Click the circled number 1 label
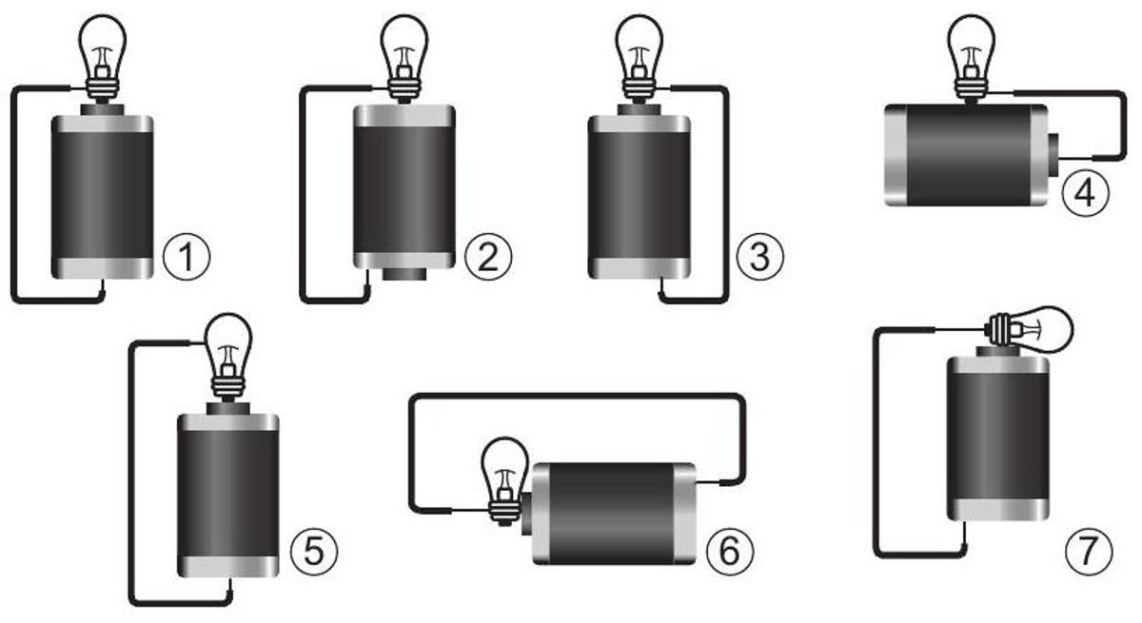coord(187,257)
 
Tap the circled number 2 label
coord(488,257)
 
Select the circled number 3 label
coord(759,257)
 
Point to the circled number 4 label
coord(1086,193)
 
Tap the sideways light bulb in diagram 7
coord(1029,330)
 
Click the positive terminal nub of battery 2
coord(404,274)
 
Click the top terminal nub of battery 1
coord(102,110)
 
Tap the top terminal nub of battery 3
coord(640,110)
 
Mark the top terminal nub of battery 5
coord(227,409)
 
